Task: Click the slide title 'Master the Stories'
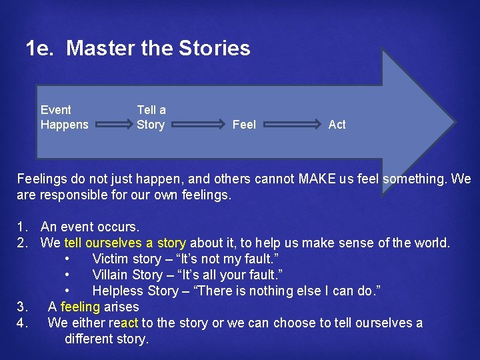[x=137, y=49]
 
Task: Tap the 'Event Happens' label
[x=64, y=117]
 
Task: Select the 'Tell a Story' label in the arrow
[x=151, y=117]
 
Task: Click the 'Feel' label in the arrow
[x=244, y=125]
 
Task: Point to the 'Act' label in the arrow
[x=337, y=125]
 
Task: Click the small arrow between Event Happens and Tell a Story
[x=111, y=123]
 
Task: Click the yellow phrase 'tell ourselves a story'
[x=126, y=243]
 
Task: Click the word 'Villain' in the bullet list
[x=111, y=275]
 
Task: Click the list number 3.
[x=22, y=307]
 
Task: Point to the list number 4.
[x=22, y=323]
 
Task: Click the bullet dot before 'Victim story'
[x=68, y=259]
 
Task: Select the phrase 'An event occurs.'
[x=90, y=227]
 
